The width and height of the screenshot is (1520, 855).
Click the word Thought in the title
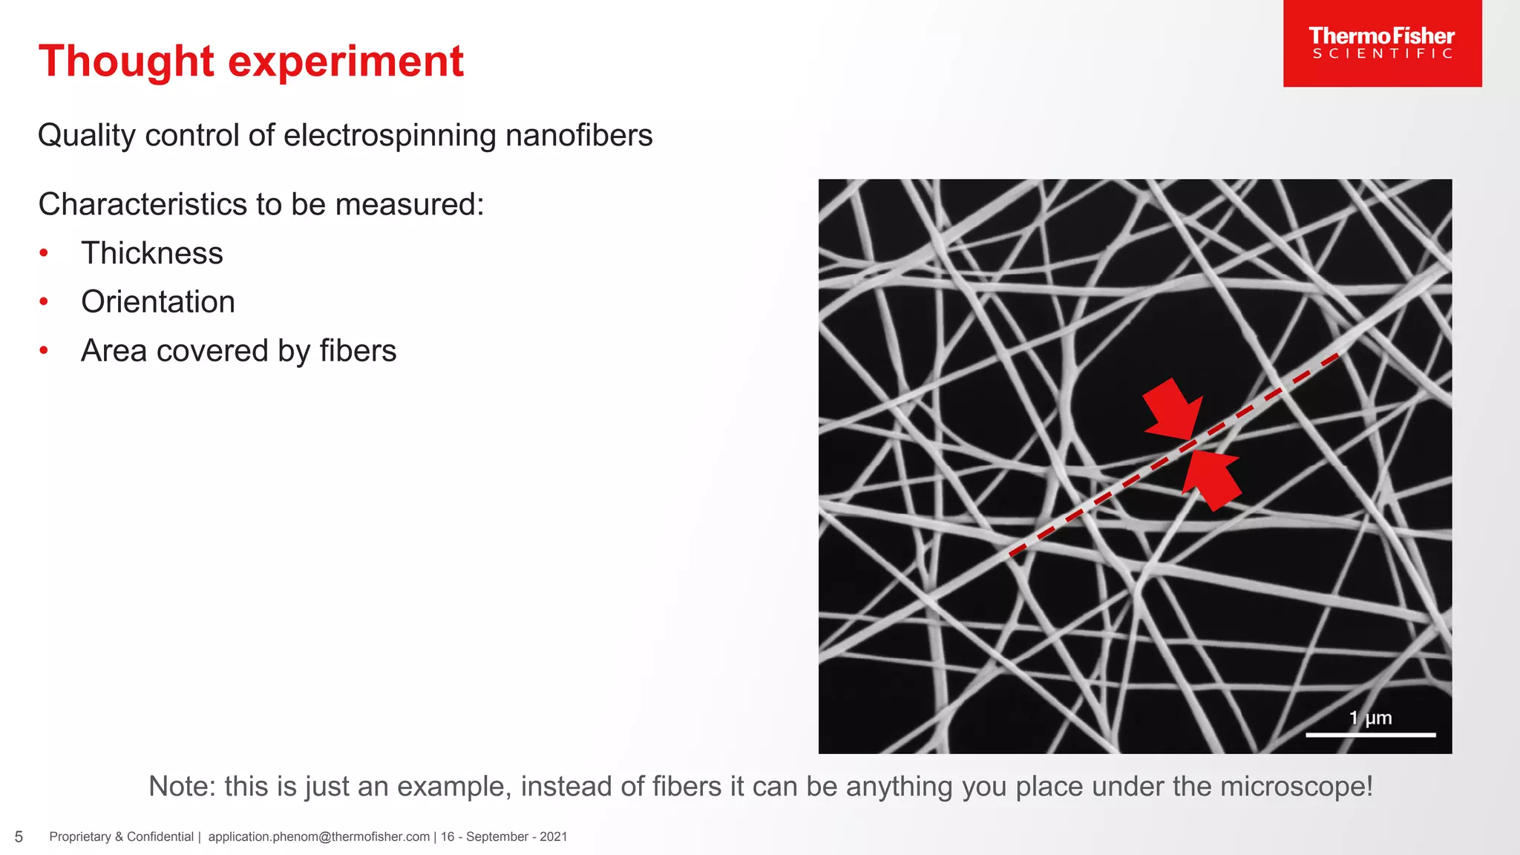click(x=126, y=61)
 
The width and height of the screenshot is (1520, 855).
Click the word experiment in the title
click(x=345, y=61)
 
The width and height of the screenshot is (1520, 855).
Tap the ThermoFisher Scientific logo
click(x=1382, y=43)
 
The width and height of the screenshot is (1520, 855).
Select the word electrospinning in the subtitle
click(x=390, y=135)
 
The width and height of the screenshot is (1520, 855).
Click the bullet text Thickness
click(x=151, y=253)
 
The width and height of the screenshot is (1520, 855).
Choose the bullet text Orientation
click(x=157, y=302)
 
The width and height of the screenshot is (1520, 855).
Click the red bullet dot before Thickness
click(x=44, y=254)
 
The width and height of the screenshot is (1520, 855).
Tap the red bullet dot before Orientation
click(x=44, y=302)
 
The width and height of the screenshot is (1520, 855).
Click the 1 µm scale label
click(x=1370, y=718)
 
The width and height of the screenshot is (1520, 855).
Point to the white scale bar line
click(x=1370, y=735)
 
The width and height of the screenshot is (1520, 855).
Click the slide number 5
click(x=19, y=837)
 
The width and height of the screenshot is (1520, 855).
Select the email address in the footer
click(x=318, y=837)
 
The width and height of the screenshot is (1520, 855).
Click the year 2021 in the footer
click(x=553, y=837)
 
